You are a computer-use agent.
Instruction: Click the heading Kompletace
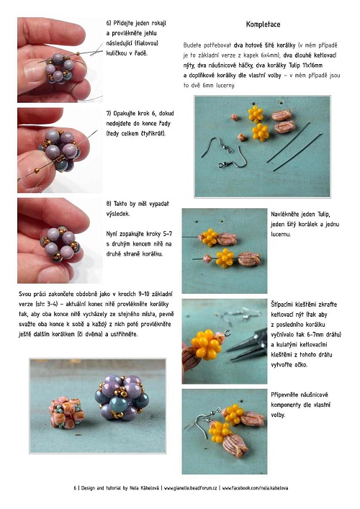tap(263, 24)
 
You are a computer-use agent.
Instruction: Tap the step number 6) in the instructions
tap(109, 23)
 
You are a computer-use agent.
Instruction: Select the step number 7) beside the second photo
tap(109, 114)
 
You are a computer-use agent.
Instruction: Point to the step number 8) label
tap(109, 204)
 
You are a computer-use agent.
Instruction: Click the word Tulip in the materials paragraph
tap(294, 66)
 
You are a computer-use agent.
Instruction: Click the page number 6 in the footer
tap(75, 488)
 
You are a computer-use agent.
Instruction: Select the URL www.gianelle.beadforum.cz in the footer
tap(191, 488)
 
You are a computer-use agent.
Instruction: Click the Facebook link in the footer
tap(255, 488)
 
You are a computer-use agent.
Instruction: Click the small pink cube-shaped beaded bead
tap(66, 413)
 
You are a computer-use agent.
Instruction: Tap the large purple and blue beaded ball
tap(122, 397)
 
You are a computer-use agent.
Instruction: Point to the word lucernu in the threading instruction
tap(281, 235)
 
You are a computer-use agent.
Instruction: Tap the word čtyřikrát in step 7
tap(153, 134)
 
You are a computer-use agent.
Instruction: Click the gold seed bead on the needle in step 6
tap(78, 53)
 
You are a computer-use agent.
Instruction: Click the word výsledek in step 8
tap(118, 214)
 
